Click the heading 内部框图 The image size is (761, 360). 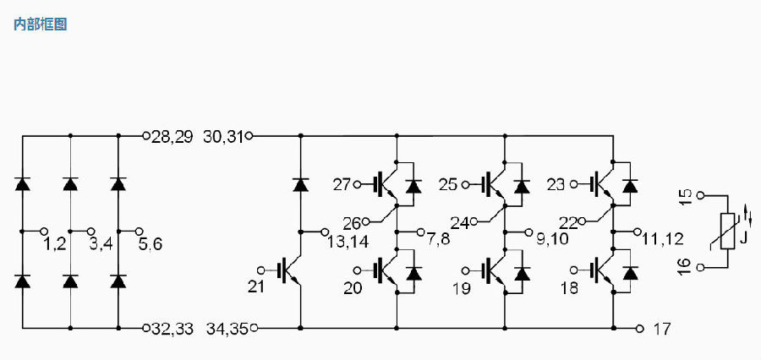[40, 24]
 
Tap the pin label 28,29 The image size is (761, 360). [172, 137]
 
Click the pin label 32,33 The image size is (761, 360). [172, 330]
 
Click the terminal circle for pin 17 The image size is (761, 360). [640, 329]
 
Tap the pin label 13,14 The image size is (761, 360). [348, 241]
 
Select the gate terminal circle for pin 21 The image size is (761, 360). [261, 270]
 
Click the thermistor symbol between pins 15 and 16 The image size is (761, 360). [728, 231]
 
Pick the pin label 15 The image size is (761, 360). [685, 199]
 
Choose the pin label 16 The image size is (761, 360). [685, 267]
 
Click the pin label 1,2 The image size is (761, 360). [54, 244]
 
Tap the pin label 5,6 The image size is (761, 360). [151, 244]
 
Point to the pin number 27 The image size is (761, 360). [342, 185]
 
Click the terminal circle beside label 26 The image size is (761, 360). [365, 221]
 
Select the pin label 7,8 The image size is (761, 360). [438, 238]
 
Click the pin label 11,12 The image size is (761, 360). [663, 238]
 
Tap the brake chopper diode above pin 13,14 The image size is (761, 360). [300, 185]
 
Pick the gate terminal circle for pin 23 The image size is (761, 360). [574, 184]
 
